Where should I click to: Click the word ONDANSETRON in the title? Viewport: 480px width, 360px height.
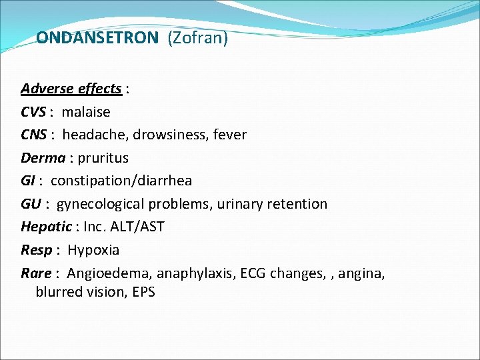coord(97,38)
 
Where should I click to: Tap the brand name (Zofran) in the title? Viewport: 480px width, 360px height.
coord(198,38)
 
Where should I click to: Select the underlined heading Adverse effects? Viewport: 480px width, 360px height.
coord(71,89)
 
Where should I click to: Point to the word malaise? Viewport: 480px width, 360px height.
coord(86,112)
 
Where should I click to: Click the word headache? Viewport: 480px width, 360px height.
coord(93,135)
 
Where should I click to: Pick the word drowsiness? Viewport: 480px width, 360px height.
coord(170,135)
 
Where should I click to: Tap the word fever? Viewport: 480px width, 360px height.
coord(230,135)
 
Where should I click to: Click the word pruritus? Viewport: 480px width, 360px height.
coord(103,158)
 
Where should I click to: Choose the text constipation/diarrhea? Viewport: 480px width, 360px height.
coord(121,181)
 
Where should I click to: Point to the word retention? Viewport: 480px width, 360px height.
coord(297,204)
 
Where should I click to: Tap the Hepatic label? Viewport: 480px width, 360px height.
coord(46,227)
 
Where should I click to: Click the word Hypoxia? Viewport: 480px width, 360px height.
coord(93,250)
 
